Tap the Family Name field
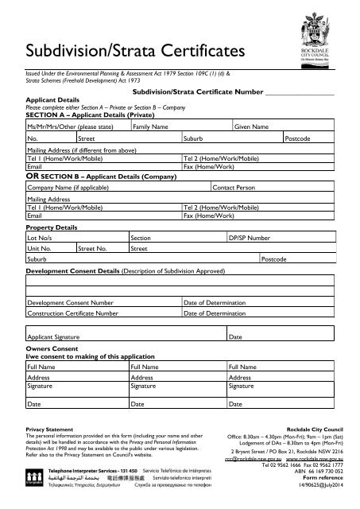(180, 126)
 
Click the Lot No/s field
(76, 237)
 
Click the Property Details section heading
(52, 227)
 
